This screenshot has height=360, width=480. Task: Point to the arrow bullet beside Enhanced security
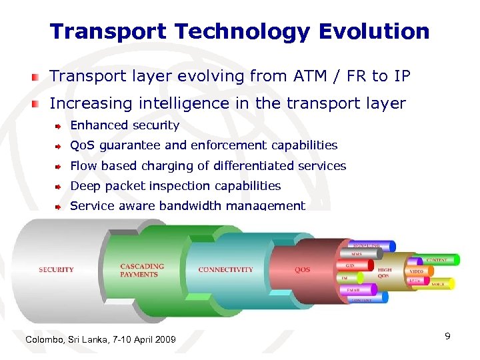coord(59,126)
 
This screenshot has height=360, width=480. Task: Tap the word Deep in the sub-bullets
coord(84,186)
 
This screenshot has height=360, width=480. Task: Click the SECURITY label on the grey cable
coord(57,270)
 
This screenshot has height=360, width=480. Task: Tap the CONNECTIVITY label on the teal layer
coord(225,270)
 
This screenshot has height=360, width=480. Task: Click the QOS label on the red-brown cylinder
coord(302,270)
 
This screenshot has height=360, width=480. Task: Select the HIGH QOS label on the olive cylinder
coord(385,272)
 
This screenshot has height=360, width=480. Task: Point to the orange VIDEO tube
coord(417,272)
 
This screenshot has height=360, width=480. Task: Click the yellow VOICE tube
coord(439,284)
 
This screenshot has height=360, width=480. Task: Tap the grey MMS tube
coord(359,255)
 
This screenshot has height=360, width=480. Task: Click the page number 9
coord(448,337)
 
